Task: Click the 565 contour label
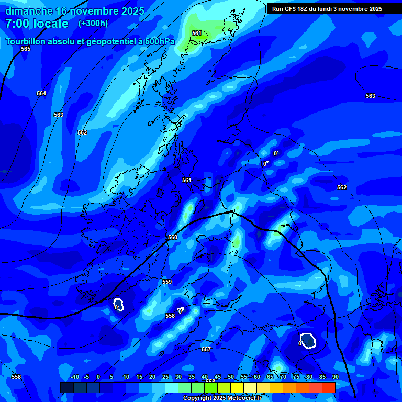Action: coord(26,49)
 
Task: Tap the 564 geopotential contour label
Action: coord(41,93)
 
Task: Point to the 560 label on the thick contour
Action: coord(173,237)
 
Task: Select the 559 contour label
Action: coord(167,282)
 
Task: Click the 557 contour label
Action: coord(206,349)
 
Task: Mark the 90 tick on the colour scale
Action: coord(334,377)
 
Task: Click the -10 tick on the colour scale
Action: coord(74,377)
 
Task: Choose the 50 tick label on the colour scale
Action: coord(231,377)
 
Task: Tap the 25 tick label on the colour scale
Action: coord(165,377)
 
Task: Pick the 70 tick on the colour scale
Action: coord(283,377)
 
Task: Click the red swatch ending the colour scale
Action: coord(328,387)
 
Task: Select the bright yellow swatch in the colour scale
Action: coord(237,387)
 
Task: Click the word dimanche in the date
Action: coord(29,10)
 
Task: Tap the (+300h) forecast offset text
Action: coord(93,23)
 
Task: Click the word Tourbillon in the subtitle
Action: coord(26,41)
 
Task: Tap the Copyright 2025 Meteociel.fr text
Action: coord(222,398)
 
